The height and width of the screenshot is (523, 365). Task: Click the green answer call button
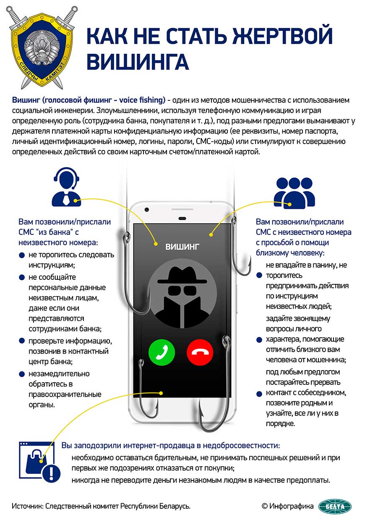(x=162, y=352)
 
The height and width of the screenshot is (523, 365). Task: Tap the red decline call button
(x=200, y=352)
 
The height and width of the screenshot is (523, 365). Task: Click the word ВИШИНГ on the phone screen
(x=182, y=247)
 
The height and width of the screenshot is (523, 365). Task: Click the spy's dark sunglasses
(x=182, y=291)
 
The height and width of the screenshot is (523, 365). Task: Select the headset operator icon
(x=66, y=187)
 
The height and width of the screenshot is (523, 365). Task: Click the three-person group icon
(x=295, y=193)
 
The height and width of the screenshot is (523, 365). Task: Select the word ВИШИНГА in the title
(x=138, y=61)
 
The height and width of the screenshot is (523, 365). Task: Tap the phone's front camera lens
(x=147, y=209)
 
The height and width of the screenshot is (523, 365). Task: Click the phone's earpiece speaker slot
(x=182, y=218)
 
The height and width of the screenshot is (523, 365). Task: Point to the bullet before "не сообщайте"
(x=22, y=277)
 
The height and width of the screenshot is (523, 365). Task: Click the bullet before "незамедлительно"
(x=22, y=374)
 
